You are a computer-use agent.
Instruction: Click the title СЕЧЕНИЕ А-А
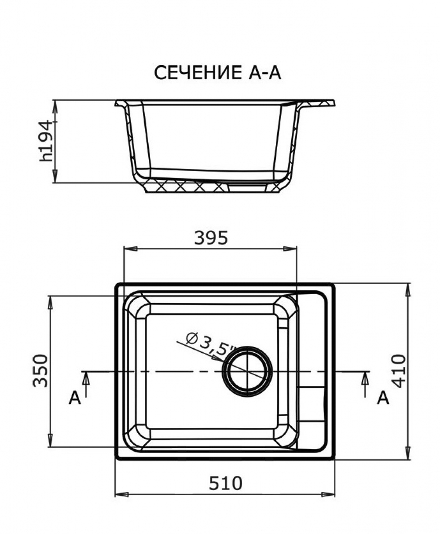tap(217, 73)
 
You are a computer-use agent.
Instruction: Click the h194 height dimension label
tap(46, 142)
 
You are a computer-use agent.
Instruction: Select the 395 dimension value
tap(211, 238)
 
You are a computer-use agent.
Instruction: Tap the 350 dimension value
tap(40, 371)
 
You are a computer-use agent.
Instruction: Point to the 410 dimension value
tap(399, 371)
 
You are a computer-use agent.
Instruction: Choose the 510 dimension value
tap(225, 483)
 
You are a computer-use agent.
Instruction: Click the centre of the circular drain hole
tap(247, 371)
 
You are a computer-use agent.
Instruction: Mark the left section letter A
tap(75, 398)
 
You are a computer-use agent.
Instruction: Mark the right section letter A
tap(383, 398)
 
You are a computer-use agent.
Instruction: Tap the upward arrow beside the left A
tap(86, 384)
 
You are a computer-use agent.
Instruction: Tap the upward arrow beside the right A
tap(366, 384)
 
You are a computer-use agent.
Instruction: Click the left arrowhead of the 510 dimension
tap(122, 494)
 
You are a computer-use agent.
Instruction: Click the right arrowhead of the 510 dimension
tap(328, 494)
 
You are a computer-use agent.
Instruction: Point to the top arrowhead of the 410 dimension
tap(408, 290)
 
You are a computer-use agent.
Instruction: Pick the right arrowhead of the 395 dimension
tap(290, 249)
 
